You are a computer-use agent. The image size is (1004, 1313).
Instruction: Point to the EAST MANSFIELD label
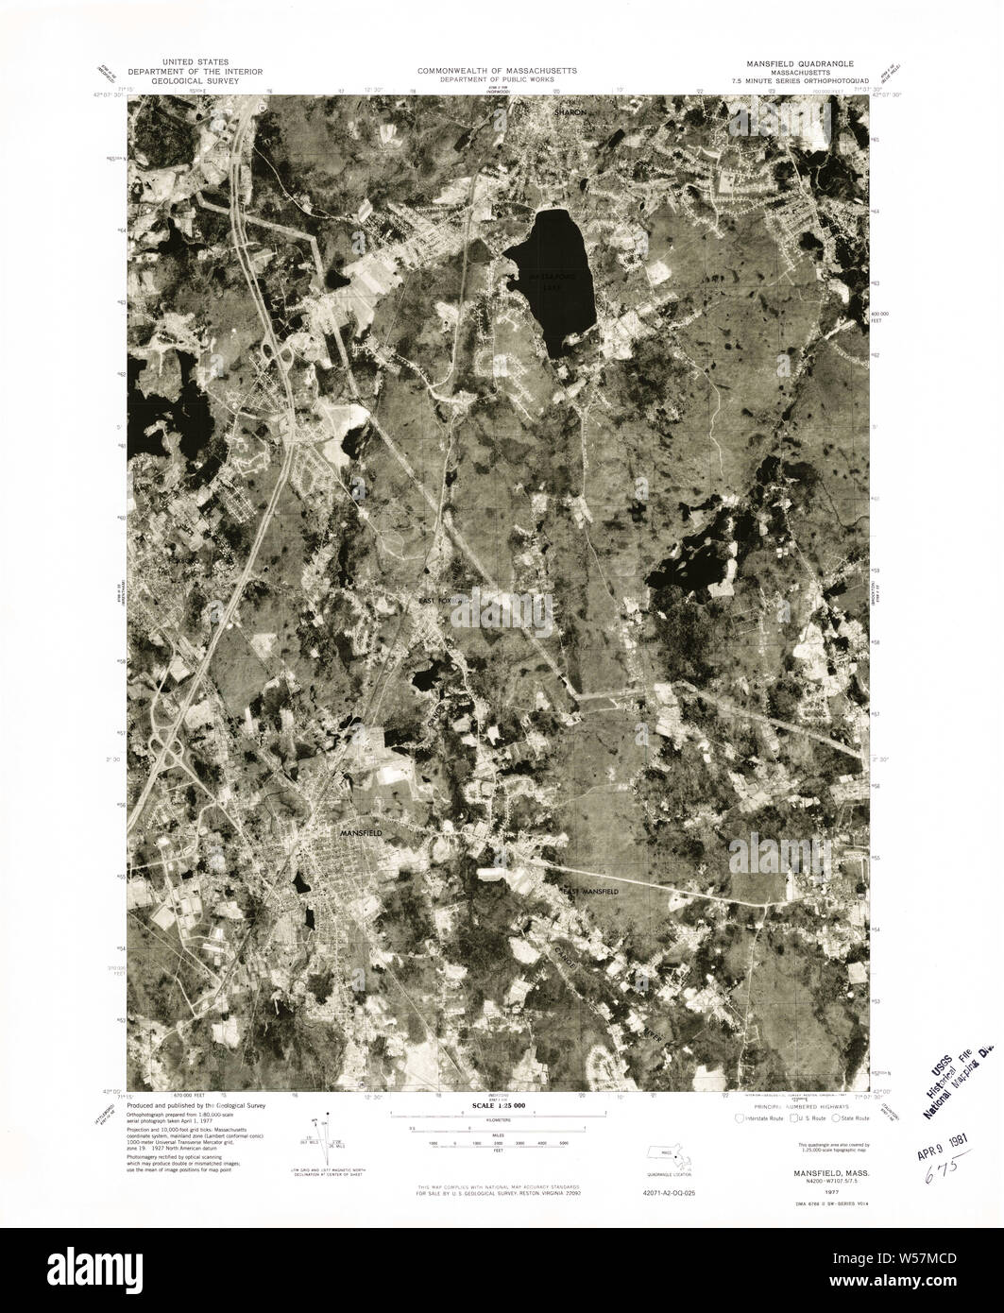point(591,891)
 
